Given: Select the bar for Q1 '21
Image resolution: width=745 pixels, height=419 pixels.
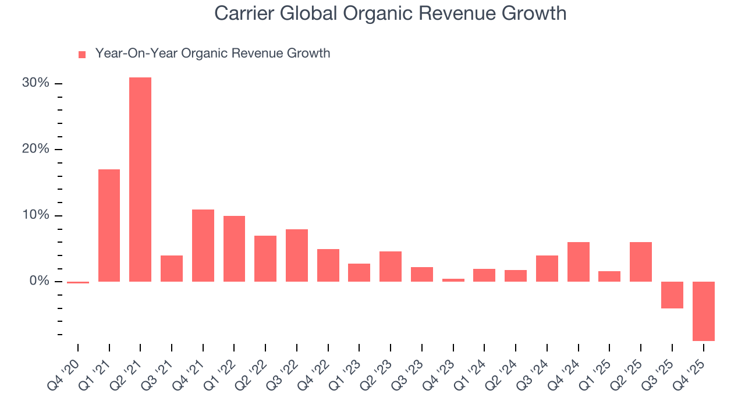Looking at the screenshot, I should coord(109,225).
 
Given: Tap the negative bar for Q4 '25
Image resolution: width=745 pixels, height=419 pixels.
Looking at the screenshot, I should coord(703,311).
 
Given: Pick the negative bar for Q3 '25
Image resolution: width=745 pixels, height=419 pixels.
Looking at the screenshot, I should coord(672,294).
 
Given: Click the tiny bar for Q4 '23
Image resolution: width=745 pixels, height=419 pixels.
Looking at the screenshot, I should coord(453,280).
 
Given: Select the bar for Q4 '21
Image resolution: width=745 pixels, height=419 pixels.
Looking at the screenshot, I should coord(203,245).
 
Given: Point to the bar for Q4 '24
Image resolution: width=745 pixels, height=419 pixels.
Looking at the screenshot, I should coord(578,261).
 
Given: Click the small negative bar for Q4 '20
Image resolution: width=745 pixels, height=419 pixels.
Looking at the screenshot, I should coord(78,282).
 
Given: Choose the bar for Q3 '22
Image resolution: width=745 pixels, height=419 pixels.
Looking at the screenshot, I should coord(296,255).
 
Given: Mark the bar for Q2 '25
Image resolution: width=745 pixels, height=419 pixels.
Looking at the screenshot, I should coord(641,261).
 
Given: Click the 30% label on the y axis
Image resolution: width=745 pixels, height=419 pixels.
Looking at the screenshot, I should coord(36,83).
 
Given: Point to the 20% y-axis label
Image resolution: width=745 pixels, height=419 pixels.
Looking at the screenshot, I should coord(36,149).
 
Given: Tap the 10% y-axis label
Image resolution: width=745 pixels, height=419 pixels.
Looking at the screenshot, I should coord(36,215).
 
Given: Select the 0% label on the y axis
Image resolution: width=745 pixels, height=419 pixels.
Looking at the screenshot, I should coord(39,281).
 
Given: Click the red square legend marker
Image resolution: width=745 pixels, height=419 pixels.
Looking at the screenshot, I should coord(82,54).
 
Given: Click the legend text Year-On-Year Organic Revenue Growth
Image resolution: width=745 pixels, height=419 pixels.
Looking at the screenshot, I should coord(212,54).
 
